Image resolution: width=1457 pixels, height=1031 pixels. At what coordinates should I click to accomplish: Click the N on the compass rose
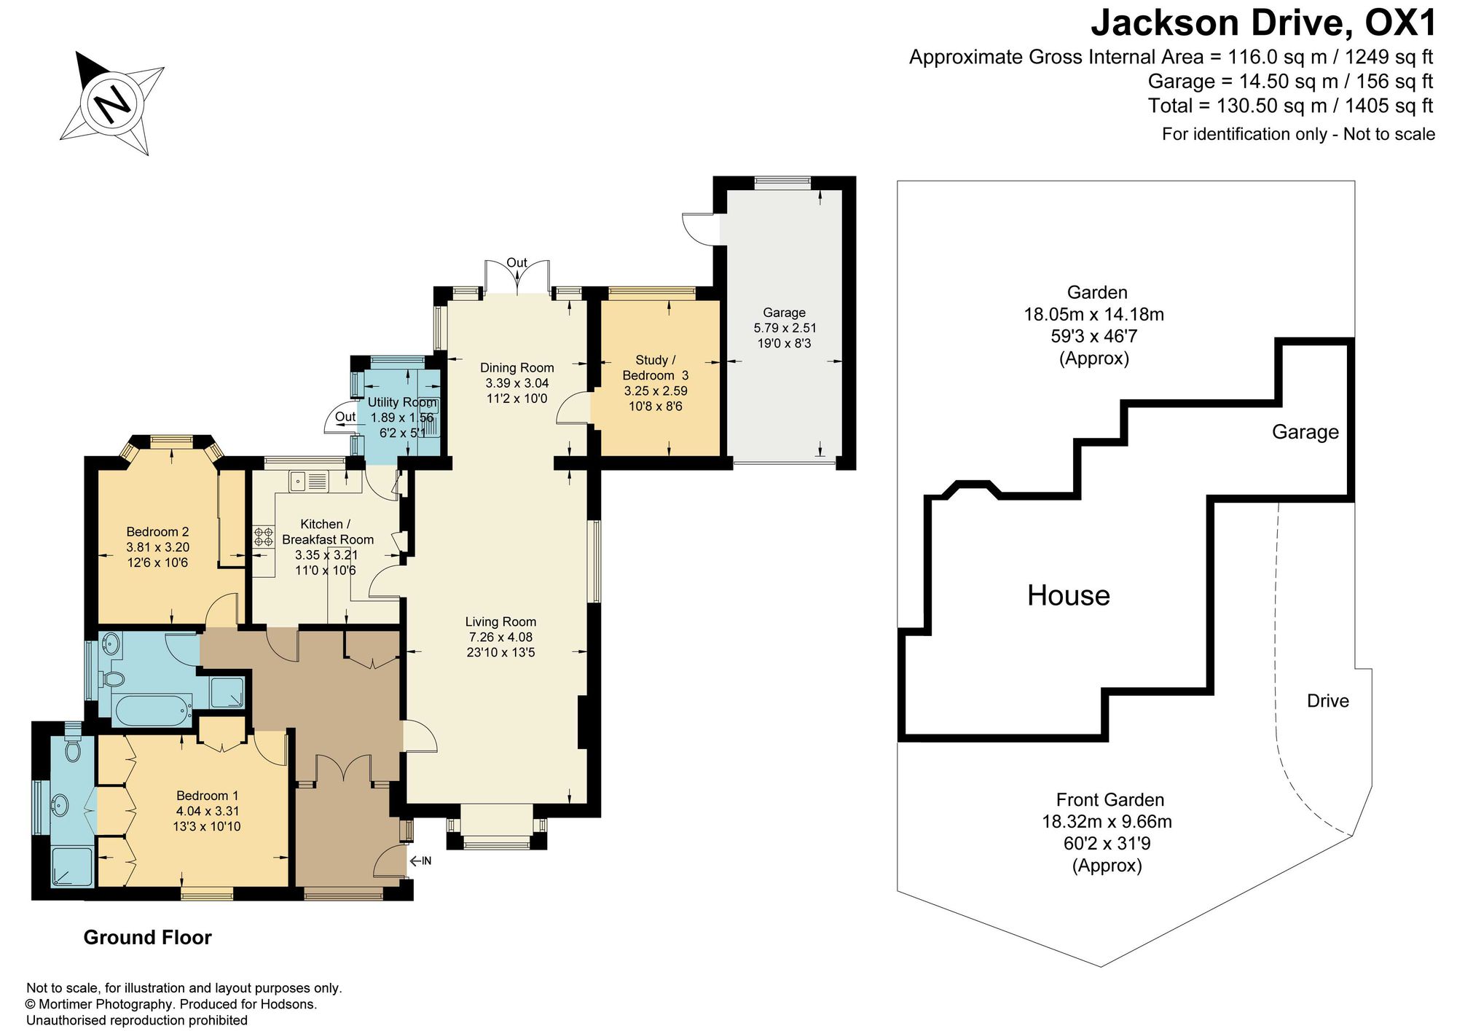(x=111, y=103)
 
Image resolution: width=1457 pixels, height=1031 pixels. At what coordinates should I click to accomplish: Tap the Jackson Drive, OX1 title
(x=1263, y=23)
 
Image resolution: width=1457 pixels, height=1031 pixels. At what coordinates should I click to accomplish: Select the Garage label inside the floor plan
(x=784, y=313)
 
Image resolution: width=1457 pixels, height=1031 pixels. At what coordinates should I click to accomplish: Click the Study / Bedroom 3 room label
(x=655, y=367)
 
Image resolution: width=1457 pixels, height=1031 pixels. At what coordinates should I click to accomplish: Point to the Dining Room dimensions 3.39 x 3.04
(x=517, y=383)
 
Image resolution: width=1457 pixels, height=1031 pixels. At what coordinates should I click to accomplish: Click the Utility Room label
(x=402, y=402)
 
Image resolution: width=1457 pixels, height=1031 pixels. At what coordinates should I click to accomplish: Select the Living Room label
(x=500, y=622)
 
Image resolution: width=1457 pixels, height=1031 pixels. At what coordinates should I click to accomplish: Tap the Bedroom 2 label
(x=157, y=532)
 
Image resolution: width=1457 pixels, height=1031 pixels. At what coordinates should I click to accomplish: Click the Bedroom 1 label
(x=207, y=796)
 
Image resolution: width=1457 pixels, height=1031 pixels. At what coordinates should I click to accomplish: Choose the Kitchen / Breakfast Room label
(x=327, y=532)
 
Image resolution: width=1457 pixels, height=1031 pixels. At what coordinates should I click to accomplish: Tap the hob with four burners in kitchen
(x=263, y=538)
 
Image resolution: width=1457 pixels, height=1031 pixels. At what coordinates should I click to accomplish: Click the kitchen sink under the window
(x=310, y=482)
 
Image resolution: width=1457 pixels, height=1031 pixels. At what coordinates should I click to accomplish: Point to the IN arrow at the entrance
(x=420, y=861)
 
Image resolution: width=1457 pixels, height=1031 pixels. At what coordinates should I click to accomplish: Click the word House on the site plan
(x=1069, y=595)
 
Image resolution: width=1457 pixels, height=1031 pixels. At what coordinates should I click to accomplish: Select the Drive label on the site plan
(x=1328, y=701)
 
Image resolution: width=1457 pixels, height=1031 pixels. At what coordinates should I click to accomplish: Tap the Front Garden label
(x=1110, y=800)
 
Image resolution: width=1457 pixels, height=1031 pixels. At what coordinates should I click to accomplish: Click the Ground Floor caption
(x=148, y=937)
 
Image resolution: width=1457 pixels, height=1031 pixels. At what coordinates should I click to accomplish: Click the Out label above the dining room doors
(x=517, y=263)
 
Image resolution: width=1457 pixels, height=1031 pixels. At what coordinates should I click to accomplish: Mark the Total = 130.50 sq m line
(x=1291, y=106)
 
